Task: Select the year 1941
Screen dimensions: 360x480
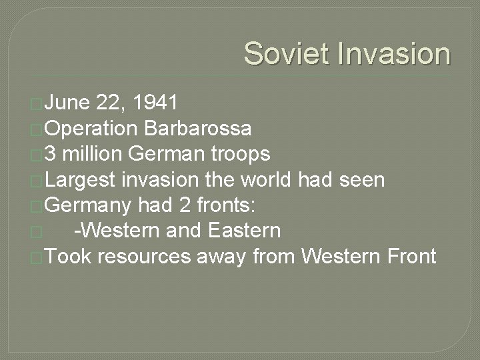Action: pos(155,103)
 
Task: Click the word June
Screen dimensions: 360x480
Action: pos(68,103)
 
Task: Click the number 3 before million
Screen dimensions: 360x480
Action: pos(51,154)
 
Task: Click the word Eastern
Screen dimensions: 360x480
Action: pos(244,231)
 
